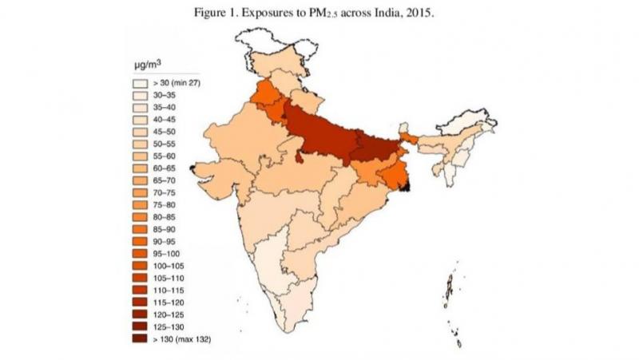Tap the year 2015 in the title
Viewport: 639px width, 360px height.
click(419, 14)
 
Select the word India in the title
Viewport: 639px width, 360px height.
click(387, 14)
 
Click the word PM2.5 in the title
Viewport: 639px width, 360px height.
click(335, 14)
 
